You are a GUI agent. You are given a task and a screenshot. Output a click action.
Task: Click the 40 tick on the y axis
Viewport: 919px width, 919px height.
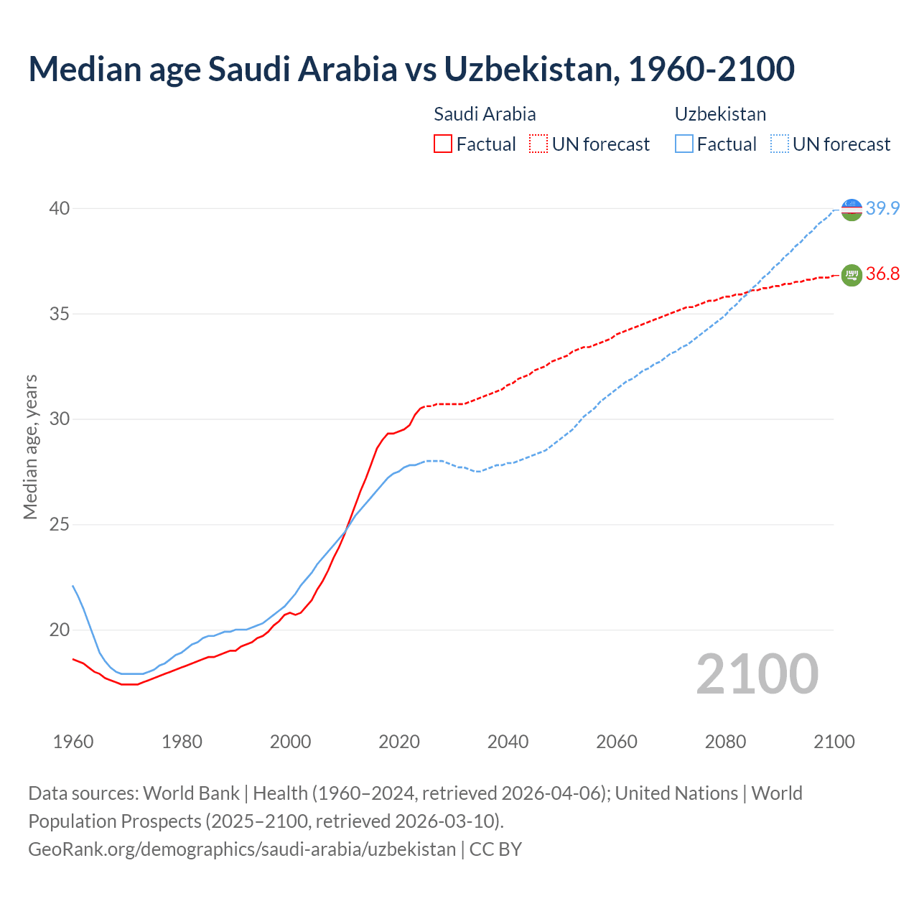pos(59,208)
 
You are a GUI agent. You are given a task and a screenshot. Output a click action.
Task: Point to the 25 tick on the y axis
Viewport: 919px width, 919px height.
pos(59,525)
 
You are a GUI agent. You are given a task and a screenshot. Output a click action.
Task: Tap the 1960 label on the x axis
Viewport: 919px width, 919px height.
pos(73,742)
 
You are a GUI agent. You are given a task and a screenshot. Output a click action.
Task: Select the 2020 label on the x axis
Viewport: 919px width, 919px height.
pos(399,742)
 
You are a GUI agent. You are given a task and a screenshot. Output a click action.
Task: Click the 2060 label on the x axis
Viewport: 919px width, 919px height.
pos(617,742)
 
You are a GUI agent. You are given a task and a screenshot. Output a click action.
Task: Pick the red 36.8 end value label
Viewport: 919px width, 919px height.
pos(882,274)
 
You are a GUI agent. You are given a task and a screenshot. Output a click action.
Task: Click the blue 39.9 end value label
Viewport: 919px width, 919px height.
pos(882,209)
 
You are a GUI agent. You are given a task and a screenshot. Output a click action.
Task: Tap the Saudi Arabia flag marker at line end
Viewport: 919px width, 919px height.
pos(852,275)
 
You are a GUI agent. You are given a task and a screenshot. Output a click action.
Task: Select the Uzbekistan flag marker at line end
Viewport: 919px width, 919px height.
pos(852,210)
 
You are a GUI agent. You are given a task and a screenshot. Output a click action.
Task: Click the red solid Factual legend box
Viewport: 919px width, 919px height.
pos(443,144)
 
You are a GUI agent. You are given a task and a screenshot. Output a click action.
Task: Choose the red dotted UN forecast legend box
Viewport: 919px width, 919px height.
pos(538,144)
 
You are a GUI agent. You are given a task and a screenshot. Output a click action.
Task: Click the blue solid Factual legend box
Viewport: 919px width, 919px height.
pos(684,144)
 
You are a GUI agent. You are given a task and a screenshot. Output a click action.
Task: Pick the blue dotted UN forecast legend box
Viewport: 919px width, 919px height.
pos(780,144)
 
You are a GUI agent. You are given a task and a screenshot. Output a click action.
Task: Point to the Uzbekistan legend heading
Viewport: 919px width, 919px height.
pos(720,114)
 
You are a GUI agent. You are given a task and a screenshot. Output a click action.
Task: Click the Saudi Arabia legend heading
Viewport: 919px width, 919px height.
pos(485,114)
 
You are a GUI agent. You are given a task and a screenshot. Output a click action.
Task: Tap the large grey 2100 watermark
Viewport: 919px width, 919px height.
pos(757,674)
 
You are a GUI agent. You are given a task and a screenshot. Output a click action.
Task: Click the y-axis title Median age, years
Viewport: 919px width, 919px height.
pos(30,447)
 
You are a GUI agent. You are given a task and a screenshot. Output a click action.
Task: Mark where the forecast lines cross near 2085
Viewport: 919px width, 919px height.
pos(750,291)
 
